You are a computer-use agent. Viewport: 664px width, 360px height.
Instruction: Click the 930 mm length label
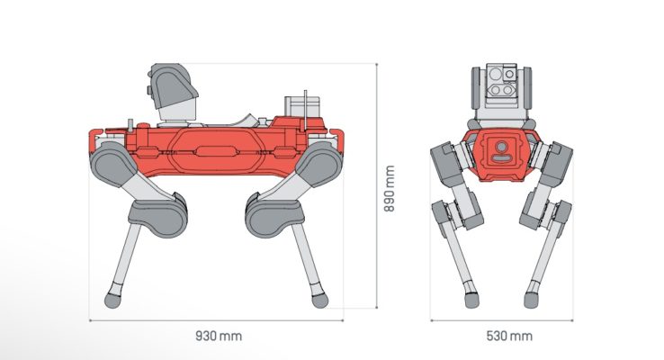(219, 336)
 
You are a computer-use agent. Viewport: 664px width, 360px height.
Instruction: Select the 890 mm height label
(390, 187)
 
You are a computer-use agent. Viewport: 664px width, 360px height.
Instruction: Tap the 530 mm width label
(507, 336)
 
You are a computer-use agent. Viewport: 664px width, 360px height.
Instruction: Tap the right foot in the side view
(317, 296)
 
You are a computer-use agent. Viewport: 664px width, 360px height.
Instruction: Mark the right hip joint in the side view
(316, 166)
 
